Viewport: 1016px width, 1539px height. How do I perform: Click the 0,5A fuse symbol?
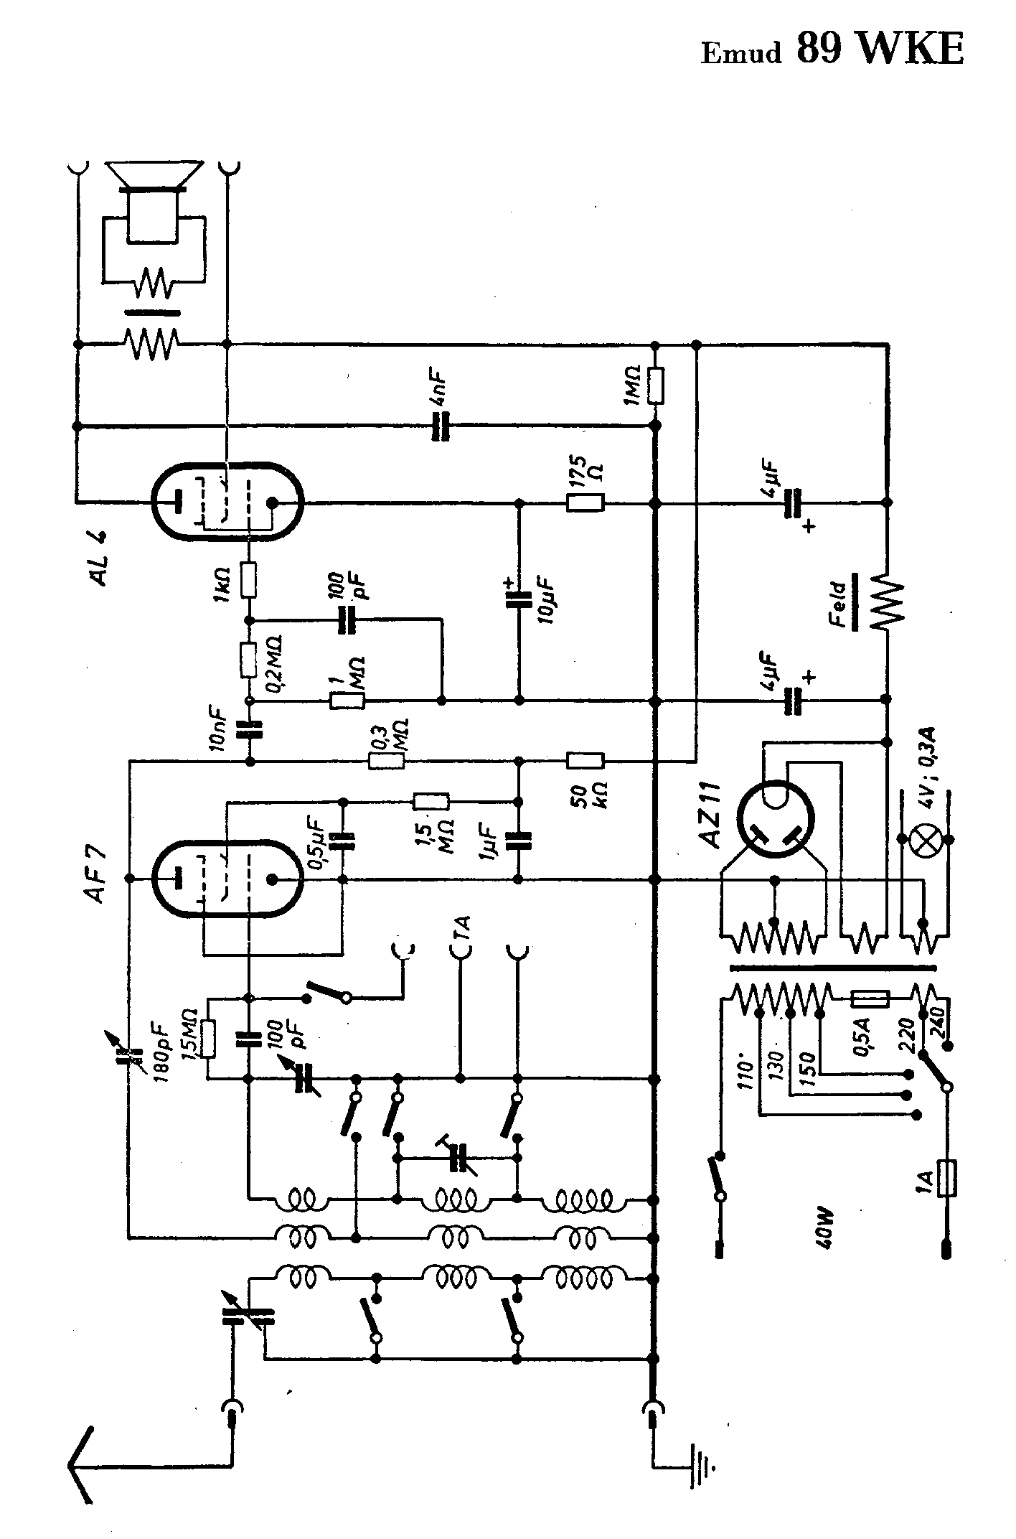870,998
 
